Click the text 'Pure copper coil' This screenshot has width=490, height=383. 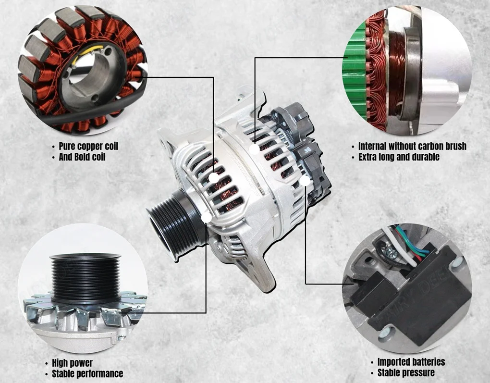pyautogui.click(x=88, y=146)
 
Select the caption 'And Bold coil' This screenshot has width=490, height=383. pyautogui.click(x=82, y=157)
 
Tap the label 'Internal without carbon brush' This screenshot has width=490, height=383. pyautogui.click(x=412, y=146)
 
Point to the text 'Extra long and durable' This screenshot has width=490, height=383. pyautogui.click(x=399, y=157)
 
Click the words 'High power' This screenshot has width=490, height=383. pyautogui.click(x=72, y=363)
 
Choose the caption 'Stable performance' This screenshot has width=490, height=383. pyautogui.click(x=87, y=373)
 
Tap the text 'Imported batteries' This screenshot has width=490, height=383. pyautogui.click(x=411, y=362)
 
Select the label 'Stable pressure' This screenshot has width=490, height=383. pyautogui.click(x=406, y=373)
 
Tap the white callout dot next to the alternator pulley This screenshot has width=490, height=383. pyautogui.click(x=207, y=218)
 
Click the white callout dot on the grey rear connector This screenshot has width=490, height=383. pyautogui.click(x=306, y=181)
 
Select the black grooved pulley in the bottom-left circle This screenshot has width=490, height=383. pyautogui.click(x=86, y=279)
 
